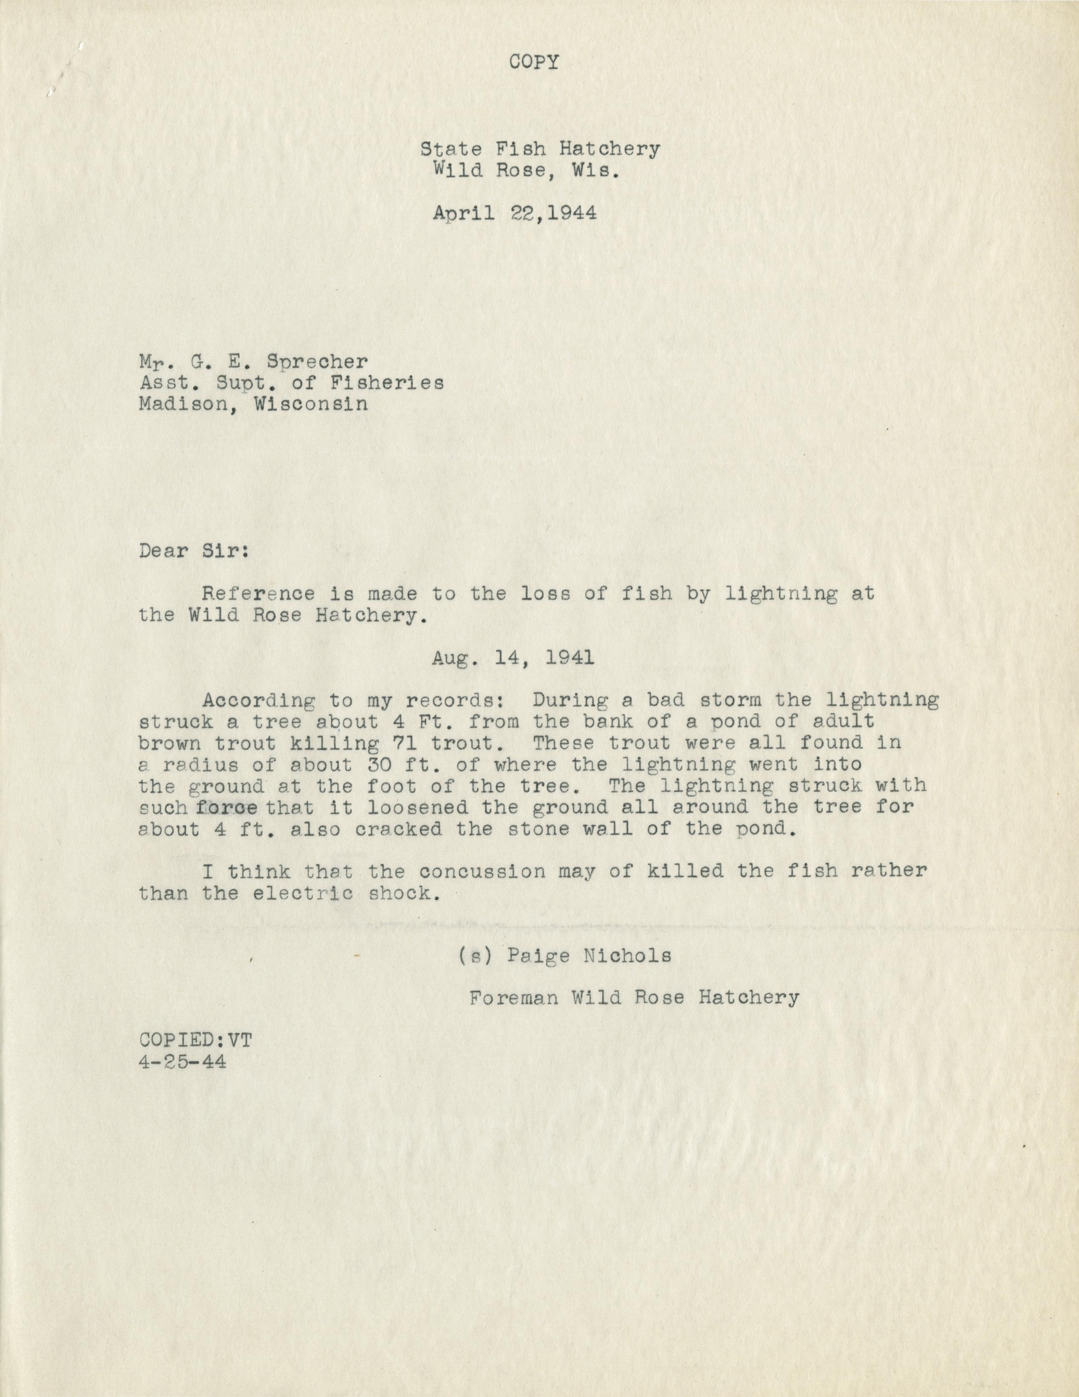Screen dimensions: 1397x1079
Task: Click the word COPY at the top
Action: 534,63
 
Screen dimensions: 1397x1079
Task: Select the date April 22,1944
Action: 515,213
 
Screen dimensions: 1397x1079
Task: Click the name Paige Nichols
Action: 589,974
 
